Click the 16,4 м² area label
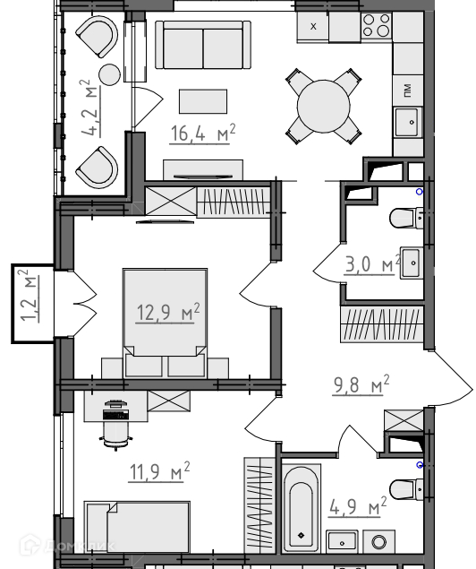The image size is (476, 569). [203, 134]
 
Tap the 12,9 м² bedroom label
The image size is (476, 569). [168, 312]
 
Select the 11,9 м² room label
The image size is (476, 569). [159, 471]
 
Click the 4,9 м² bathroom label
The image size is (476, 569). [358, 506]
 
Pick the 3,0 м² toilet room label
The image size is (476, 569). [372, 263]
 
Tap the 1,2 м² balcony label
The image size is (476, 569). [30, 296]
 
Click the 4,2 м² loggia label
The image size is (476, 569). [89, 108]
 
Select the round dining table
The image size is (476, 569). [324, 107]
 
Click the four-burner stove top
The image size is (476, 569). [377, 25]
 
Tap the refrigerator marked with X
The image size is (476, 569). [313, 27]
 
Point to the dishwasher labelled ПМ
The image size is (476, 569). [408, 90]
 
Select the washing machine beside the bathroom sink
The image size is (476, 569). [378, 542]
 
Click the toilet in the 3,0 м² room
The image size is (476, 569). [406, 218]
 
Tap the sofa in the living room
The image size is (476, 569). [203, 45]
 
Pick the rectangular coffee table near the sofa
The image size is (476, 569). [203, 101]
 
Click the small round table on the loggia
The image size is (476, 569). [109, 74]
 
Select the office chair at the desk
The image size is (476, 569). [116, 425]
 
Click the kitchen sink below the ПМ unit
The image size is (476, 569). [408, 122]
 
